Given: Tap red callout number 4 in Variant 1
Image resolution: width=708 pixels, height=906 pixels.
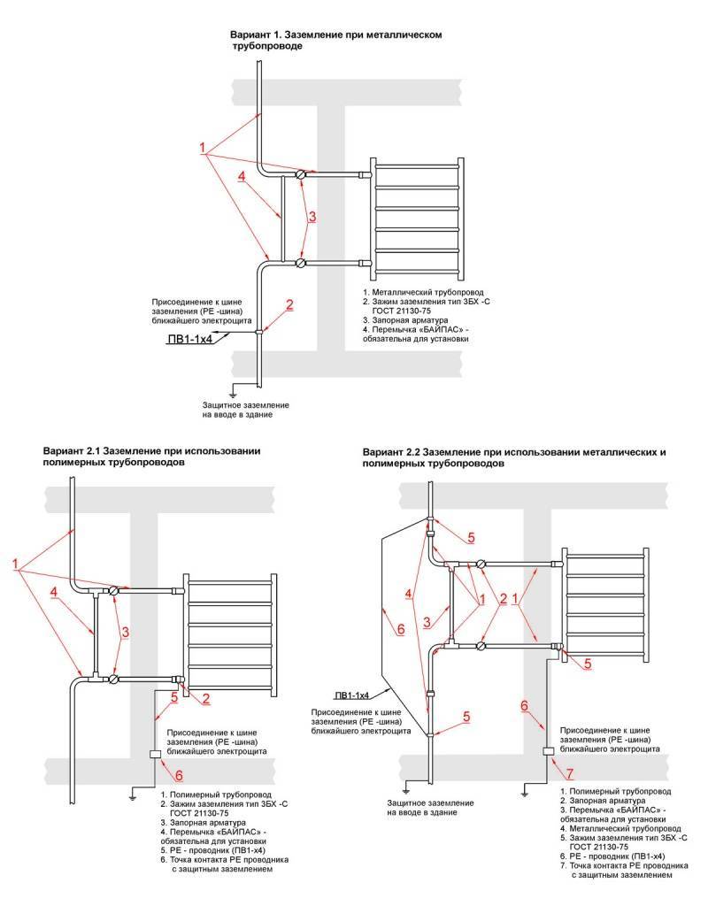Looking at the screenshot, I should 242,176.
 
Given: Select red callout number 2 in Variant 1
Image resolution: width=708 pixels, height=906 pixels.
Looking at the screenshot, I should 289,305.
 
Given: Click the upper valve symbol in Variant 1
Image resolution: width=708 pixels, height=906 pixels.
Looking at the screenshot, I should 302,175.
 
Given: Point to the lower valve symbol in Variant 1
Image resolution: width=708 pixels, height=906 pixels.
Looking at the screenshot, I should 302,263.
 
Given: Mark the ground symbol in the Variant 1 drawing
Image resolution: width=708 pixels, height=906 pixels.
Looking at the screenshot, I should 233,390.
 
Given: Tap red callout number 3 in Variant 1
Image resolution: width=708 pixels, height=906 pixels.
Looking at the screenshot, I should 312,216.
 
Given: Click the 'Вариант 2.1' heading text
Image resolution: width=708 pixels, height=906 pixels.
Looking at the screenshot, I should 72,450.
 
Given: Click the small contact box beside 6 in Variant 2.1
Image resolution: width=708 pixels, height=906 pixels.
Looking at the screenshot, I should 155,755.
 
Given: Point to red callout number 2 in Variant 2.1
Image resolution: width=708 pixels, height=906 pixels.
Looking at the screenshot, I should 205,699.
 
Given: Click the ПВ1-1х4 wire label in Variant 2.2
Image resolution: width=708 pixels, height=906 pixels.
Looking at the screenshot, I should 352,695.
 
